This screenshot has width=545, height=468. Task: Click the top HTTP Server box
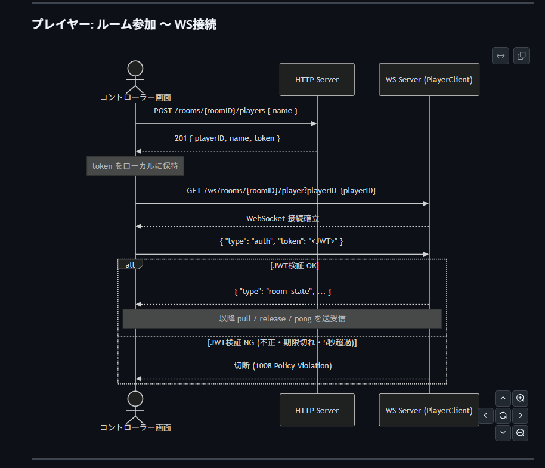(x=317, y=79)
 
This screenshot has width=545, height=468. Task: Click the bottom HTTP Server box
(x=317, y=410)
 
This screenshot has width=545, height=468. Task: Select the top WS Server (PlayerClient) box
(x=429, y=79)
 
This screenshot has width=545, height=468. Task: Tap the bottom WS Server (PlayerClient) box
(x=429, y=410)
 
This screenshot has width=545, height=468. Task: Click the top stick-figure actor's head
(x=135, y=69)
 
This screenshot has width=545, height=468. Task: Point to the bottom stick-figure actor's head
(x=135, y=399)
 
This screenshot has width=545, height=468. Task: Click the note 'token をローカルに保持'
(x=135, y=166)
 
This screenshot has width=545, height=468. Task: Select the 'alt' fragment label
(x=131, y=264)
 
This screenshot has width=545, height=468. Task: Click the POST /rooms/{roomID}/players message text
(x=225, y=111)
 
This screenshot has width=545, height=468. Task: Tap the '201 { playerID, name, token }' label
(x=227, y=138)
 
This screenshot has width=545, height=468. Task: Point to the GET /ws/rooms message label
(x=281, y=191)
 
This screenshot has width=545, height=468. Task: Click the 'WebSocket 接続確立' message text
(x=283, y=219)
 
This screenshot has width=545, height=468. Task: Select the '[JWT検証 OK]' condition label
(x=295, y=266)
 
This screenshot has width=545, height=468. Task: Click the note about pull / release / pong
(x=282, y=319)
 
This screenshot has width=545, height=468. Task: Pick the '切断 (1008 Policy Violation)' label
(x=283, y=366)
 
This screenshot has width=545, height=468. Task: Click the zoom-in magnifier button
(x=520, y=398)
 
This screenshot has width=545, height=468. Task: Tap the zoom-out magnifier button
(x=520, y=433)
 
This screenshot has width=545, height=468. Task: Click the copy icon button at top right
(x=521, y=56)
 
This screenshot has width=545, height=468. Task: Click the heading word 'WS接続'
(x=196, y=24)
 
